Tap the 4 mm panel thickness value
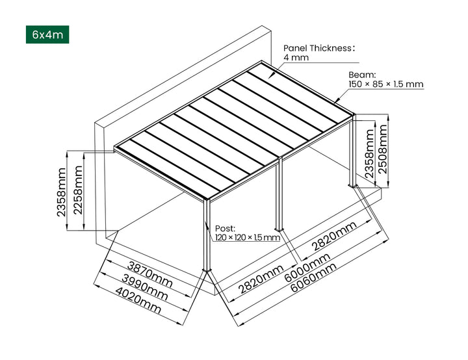(x=296, y=58)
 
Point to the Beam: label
(x=362, y=75)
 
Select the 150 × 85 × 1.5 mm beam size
(x=386, y=84)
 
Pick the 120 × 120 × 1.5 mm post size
(x=247, y=238)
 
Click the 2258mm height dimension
(x=77, y=190)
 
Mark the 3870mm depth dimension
(x=149, y=273)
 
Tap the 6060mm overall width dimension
(x=315, y=281)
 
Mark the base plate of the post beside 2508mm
(x=356, y=187)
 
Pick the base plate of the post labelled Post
(x=207, y=272)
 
